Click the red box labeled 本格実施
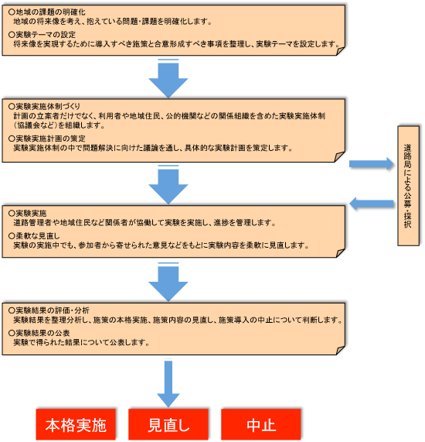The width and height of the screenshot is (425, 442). tap(75, 425)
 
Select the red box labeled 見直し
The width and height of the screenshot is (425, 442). tap(168, 425)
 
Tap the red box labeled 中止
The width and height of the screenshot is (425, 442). tap(260, 425)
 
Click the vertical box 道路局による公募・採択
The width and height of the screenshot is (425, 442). tap(407, 186)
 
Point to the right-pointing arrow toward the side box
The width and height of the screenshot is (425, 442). tap(371, 163)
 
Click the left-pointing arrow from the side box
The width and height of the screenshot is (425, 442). tap(371, 204)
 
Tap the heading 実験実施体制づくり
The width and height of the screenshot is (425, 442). tap(47, 105)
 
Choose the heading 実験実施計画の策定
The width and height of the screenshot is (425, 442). tap(49, 138)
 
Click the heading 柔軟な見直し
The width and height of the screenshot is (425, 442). tap(36, 235)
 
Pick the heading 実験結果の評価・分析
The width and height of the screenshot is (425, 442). tap(53, 309)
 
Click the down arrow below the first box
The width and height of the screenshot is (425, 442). tap(168, 77)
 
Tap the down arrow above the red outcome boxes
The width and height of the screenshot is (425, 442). tap(168, 379)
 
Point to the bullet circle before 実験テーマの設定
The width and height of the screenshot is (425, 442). tap(9, 35)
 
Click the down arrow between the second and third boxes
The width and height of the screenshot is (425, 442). tap(168, 185)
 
